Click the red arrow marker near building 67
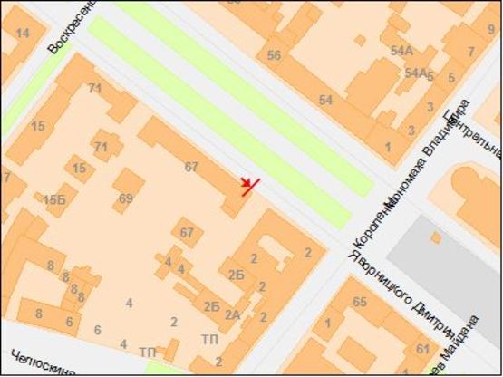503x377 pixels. [250, 187]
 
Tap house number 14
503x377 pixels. [23, 34]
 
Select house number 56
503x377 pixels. [274, 54]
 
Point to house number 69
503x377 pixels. [125, 198]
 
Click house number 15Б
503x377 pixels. [54, 199]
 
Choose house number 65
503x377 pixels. [359, 301]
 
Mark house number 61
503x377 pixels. [422, 349]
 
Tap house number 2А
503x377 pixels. [232, 315]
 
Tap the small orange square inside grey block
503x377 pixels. [436, 237]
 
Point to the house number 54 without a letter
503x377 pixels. [325, 99]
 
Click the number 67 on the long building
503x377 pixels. [190, 167]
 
